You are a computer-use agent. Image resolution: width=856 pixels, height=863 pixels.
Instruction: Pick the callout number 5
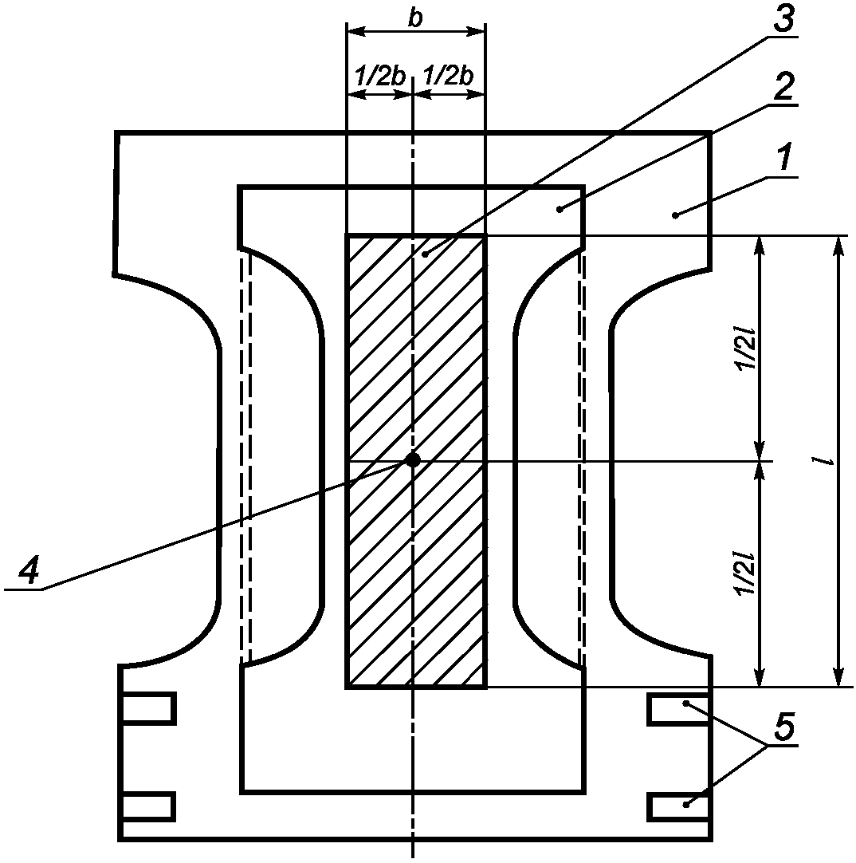click(783, 726)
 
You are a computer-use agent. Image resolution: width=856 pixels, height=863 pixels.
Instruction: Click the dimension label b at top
click(416, 18)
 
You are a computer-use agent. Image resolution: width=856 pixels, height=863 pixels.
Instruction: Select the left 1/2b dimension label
click(380, 76)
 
